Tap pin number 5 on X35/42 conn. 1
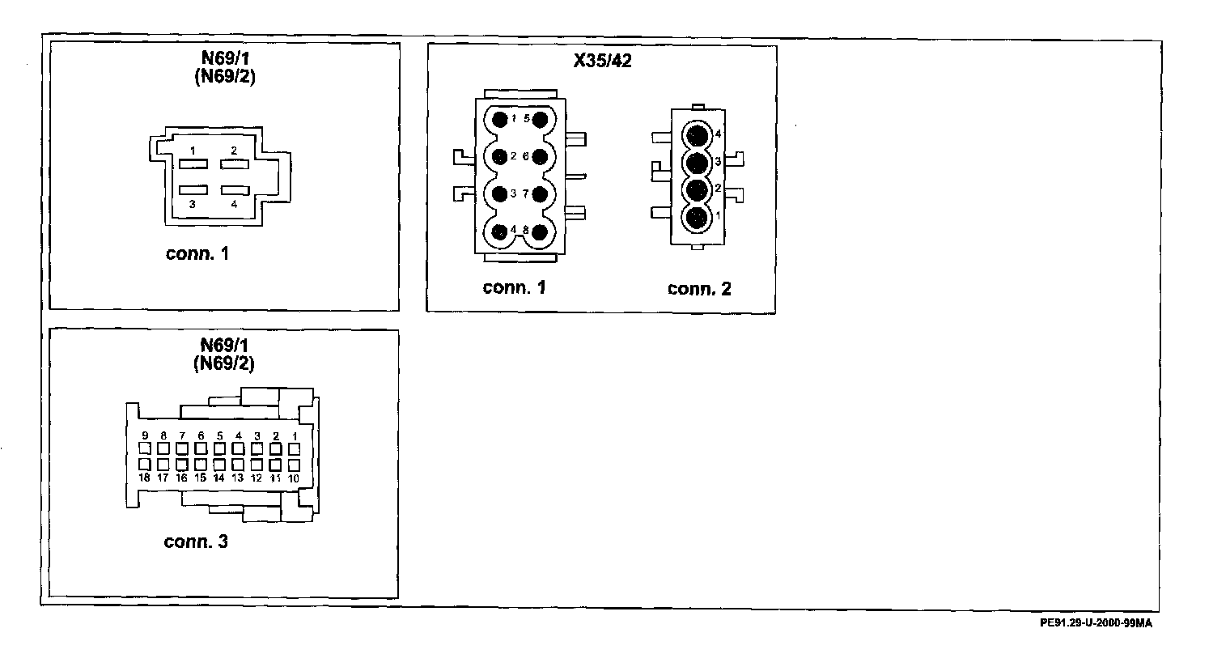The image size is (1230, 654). pyautogui.click(x=540, y=119)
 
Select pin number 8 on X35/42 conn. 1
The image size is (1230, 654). pyautogui.click(x=540, y=231)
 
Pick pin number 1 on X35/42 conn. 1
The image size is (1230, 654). pyautogui.click(x=500, y=119)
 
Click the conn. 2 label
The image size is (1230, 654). pyautogui.click(x=699, y=288)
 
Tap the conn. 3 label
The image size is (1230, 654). pyautogui.click(x=196, y=541)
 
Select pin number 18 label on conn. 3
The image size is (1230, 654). pyautogui.click(x=144, y=478)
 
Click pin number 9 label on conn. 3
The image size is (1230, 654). pyautogui.click(x=144, y=435)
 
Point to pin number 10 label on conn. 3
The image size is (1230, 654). pyautogui.click(x=294, y=478)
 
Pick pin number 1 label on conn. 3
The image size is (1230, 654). pyautogui.click(x=295, y=435)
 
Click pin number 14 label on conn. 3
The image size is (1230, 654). pyautogui.click(x=218, y=478)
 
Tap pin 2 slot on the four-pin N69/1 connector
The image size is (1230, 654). pyautogui.click(x=233, y=164)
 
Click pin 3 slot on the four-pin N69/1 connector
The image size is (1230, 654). pyautogui.click(x=193, y=189)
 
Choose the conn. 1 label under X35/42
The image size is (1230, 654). pyautogui.click(x=514, y=287)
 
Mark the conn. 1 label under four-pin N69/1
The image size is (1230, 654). pyautogui.click(x=197, y=254)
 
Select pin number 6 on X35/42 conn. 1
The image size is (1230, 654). pyautogui.click(x=540, y=155)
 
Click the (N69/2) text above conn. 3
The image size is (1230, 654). pyautogui.click(x=223, y=363)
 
